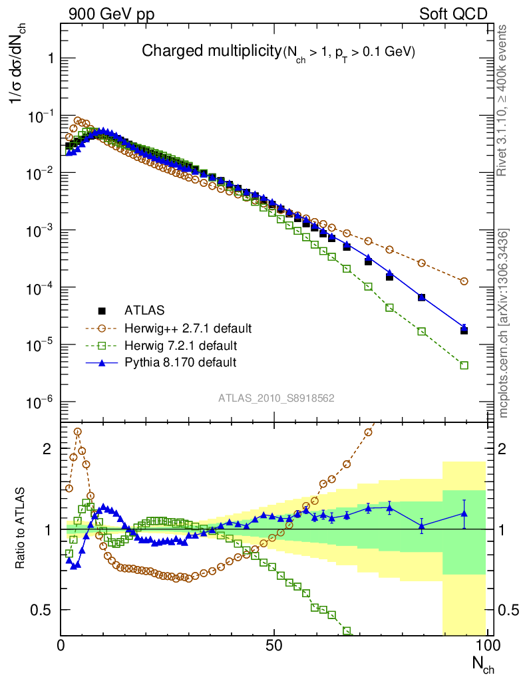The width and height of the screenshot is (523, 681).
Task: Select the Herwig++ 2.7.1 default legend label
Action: click(x=188, y=329)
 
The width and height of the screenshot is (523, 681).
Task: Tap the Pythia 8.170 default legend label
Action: click(x=180, y=362)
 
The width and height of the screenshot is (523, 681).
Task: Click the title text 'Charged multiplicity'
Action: click(x=212, y=51)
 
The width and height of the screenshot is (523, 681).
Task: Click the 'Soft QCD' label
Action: click(x=453, y=13)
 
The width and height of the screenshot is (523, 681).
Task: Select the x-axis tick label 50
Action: click(x=273, y=645)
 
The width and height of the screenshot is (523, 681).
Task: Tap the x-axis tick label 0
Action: click(x=61, y=645)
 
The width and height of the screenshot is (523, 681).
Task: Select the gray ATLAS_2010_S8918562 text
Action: click(x=276, y=398)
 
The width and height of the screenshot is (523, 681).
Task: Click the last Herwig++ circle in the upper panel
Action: click(x=464, y=281)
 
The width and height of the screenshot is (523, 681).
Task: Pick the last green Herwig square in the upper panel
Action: click(x=464, y=365)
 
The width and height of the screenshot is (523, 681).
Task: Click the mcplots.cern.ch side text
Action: click(x=504, y=323)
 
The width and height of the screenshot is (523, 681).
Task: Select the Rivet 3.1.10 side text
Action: click(x=504, y=100)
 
